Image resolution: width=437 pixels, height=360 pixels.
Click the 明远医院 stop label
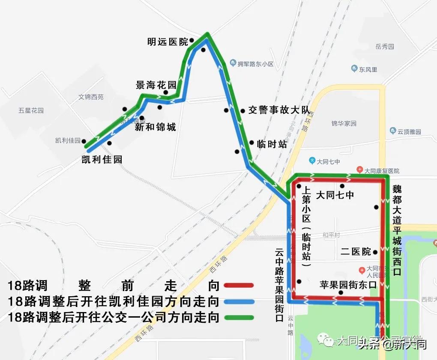click(x=168, y=42)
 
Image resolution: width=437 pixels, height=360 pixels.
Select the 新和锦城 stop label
click(x=155, y=127)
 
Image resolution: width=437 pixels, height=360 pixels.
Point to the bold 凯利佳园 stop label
click(x=102, y=160)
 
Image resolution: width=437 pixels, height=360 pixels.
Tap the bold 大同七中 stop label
click(x=335, y=195)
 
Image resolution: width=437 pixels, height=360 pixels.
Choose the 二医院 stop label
click(x=356, y=252)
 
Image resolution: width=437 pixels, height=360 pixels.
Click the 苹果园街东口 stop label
click(x=348, y=285)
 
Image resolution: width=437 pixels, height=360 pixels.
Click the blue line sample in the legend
click(x=238, y=301)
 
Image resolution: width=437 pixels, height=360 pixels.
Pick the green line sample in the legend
click(x=238, y=317)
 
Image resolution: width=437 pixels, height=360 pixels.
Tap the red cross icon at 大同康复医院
click(x=360, y=170)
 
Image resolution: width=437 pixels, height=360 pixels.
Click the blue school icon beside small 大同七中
click(x=312, y=161)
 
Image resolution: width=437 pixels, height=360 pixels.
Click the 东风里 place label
click(x=368, y=69)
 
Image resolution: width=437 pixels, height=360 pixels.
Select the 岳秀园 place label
click(x=384, y=47)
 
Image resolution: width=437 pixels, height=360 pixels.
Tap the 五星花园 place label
click(x=31, y=110)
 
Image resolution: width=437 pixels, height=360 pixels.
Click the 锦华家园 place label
click(x=344, y=123)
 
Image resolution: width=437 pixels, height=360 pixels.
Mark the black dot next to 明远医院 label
click(x=192, y=40)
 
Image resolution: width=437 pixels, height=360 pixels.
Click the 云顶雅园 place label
click(x=409, y=132)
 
